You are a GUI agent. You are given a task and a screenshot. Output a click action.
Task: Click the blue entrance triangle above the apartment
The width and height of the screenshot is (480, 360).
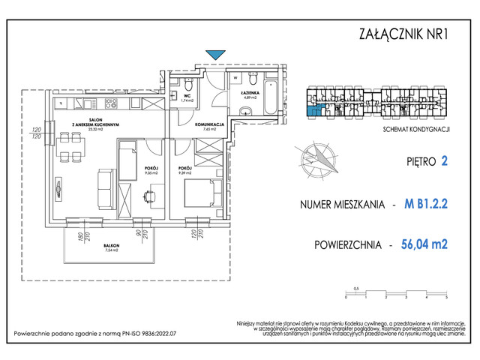(x=215, y=54)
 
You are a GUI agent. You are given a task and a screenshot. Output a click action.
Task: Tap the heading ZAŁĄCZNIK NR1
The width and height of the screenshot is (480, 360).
(x=404, y=33)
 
